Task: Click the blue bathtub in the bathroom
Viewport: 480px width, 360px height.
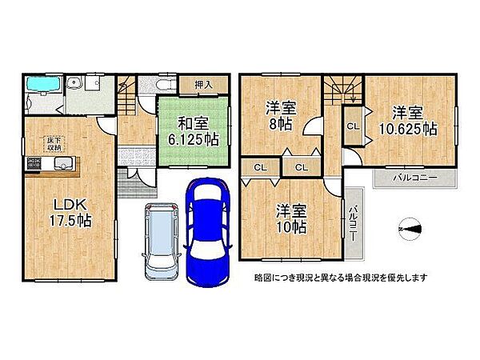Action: [x=39, y=84]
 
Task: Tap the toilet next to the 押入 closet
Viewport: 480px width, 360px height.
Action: [x=158, y=86]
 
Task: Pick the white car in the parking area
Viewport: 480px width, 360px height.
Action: [x=161, y=238]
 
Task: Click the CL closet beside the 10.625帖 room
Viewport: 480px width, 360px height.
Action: [x=351, y=126]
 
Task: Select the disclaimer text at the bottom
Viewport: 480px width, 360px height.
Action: [x=340, y=278]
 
